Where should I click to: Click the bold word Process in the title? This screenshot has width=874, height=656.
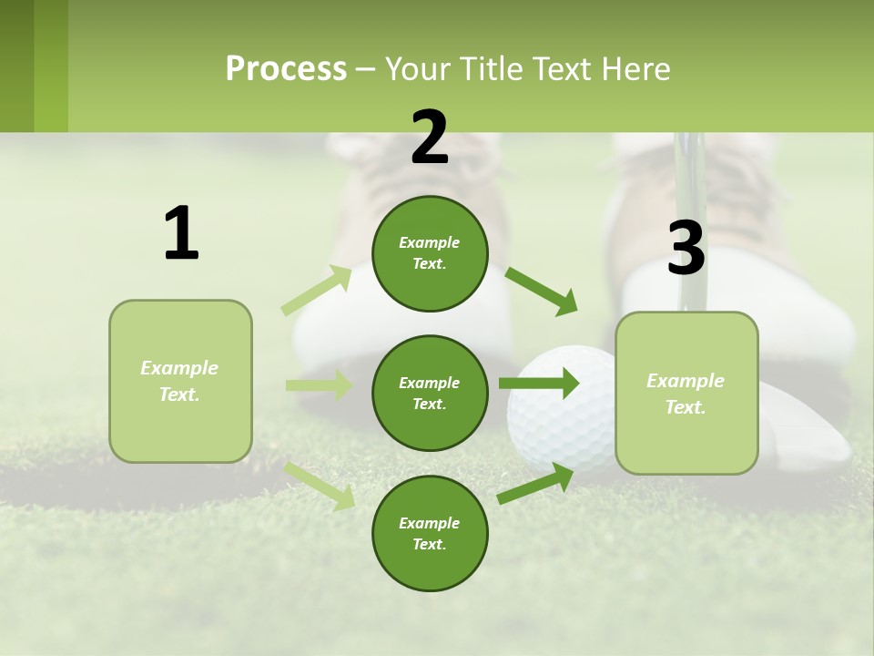tap(286, 69)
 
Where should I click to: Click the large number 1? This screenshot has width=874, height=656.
tap(181, 233)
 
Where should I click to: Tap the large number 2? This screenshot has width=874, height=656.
tap(430, 138)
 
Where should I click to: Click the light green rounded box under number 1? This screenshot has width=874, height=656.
tap(180, 381)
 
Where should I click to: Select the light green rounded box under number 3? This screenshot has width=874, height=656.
tap(686, 393)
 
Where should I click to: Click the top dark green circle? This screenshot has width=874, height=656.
tap(430, 253)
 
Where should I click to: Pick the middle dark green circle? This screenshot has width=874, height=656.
tap(430, 393)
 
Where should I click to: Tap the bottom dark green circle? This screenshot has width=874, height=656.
tap(430, 533)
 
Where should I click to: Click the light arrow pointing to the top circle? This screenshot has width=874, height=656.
tap(317, 291)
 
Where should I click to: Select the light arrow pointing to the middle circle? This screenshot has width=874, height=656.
tap(319, 385)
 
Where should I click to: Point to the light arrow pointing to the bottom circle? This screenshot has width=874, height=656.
tap(320, 485)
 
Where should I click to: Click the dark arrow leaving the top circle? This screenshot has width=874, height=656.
tap(541, 291)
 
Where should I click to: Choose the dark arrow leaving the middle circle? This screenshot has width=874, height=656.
tap(538, 384)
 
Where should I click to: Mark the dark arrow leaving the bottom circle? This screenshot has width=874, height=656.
tap(536, 484)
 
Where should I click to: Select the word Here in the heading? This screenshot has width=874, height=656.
tap(636, 69)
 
